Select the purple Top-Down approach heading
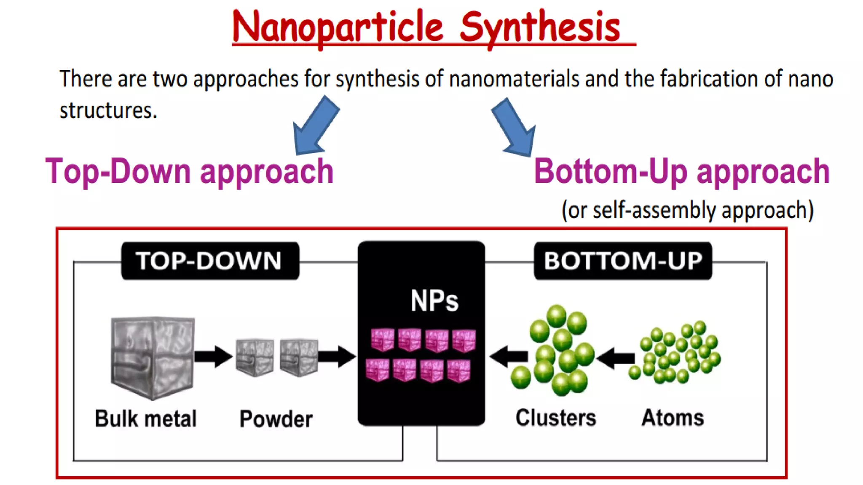190,171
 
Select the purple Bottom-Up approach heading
681,171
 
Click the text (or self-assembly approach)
687,210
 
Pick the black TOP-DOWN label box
210,261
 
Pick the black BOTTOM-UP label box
623,261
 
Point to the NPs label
434,301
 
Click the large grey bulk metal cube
152,357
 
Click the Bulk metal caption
146,418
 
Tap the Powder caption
276,419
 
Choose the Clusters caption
556,418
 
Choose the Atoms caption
673,418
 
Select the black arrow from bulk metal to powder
213,357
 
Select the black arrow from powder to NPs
337,357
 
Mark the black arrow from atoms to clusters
616,358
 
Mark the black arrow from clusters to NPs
509,357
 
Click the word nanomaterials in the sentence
514,79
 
